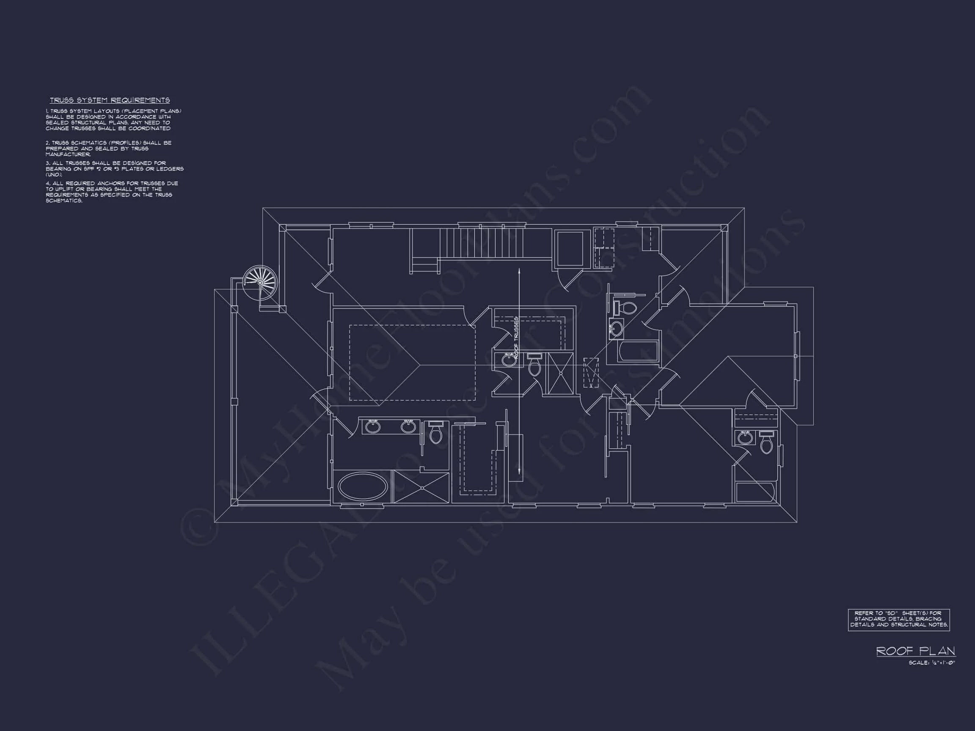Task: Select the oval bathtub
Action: (x=362, y=487)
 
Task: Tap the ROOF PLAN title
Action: (x=915, y=651)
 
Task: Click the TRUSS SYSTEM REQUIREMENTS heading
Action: (x=110, y=100)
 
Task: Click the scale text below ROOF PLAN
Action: (x=931, y=663)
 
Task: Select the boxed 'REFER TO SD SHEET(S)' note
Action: (x=898, y=619)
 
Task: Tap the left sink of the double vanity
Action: (x=373, y=426)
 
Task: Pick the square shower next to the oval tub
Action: (x=421, y=487)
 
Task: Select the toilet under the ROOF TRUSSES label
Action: (x=534, y=367)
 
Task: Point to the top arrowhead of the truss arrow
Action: (x=519, y=269)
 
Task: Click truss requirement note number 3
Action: (x=115, y=169)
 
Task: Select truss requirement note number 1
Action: (x=113, y=119)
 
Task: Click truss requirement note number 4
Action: (x=112, y=192)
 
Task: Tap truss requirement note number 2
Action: (x=108, y=148)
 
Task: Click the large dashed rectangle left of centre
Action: (x=412, y=363)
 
